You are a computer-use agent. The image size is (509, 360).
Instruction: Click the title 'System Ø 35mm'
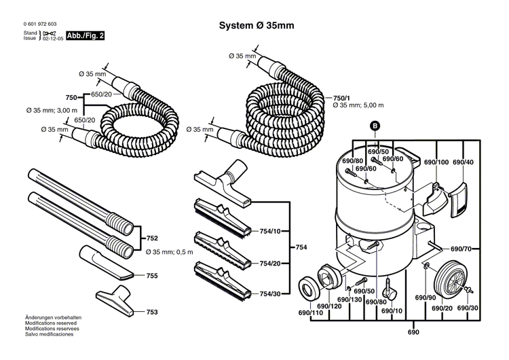tap(256, 25)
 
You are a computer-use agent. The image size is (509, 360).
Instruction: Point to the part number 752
tap(152, 238)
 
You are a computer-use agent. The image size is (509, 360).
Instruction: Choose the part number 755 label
tap(152, 276)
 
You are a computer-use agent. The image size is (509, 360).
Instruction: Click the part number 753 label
tap(152, 312)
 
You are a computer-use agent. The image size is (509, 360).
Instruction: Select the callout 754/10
tap(271, 232)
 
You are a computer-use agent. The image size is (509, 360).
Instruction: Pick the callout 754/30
tap(271, 293)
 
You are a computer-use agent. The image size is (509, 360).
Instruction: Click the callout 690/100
tap(436, 162)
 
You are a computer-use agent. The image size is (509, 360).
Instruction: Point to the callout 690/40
tap(463, 162)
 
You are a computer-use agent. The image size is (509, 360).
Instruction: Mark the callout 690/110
tap(310, 313)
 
